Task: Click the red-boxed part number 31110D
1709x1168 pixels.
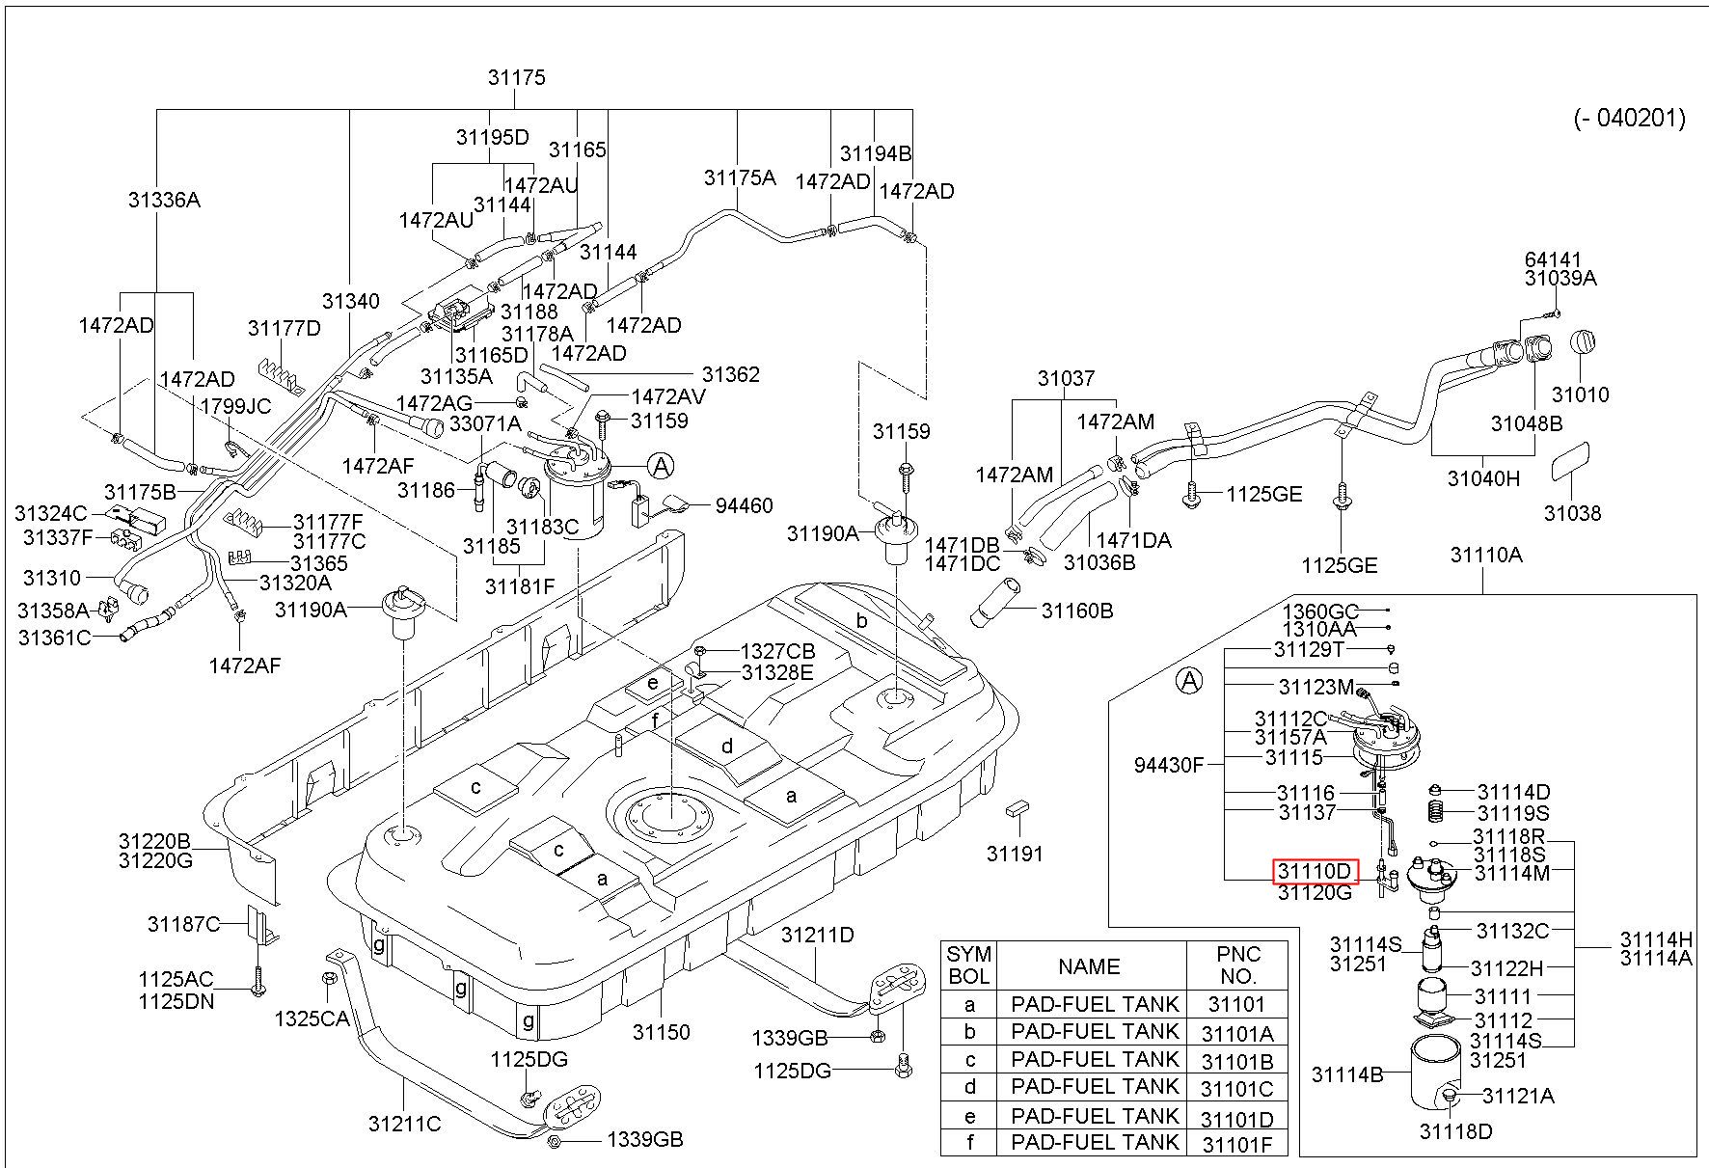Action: coord(1316,871)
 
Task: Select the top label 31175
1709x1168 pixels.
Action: coord(517,78)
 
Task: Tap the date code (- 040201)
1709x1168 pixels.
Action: coord(1630,118)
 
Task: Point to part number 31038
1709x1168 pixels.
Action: coord(1572,513)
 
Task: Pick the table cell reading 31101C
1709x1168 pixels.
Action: coord(1237,1089)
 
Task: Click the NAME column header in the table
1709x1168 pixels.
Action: coord(1089,966)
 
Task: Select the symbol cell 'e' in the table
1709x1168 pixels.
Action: coord(969,1117)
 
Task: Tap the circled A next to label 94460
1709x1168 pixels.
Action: coord(661,467)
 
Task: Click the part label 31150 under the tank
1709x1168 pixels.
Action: coord(661,1032)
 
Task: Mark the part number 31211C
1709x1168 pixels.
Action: coord(404,1124)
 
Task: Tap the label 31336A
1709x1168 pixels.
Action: coord(164,200)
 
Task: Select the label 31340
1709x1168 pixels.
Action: coord(351,302)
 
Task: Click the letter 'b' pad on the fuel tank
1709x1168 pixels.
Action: coord(862,621)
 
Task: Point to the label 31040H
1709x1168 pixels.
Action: coord(1483,477)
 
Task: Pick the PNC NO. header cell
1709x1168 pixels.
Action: coord(1237,964)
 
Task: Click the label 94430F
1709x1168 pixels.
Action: coord(1169,765)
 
